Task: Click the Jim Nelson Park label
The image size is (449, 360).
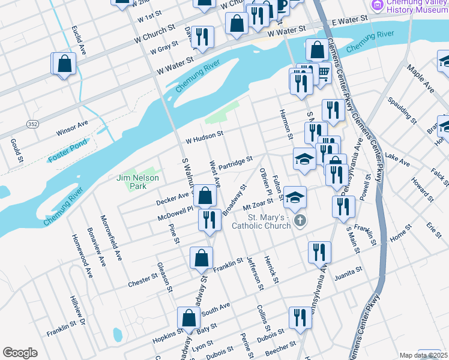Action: [x=138, y=182]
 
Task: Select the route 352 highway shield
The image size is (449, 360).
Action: [x=32, y=124]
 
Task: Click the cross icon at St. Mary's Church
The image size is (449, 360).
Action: [x=300, y=221]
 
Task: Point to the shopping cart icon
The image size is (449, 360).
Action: [x=324, y=73]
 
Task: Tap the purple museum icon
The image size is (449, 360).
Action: [x=378, y=5]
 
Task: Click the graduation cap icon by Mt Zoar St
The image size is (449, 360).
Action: [x=294, y=196]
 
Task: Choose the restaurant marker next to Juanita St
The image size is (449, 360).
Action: [x=319, y=251]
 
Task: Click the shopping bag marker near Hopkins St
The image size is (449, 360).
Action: [x=188, y=318]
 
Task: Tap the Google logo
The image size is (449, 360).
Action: [x=20, y=353]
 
